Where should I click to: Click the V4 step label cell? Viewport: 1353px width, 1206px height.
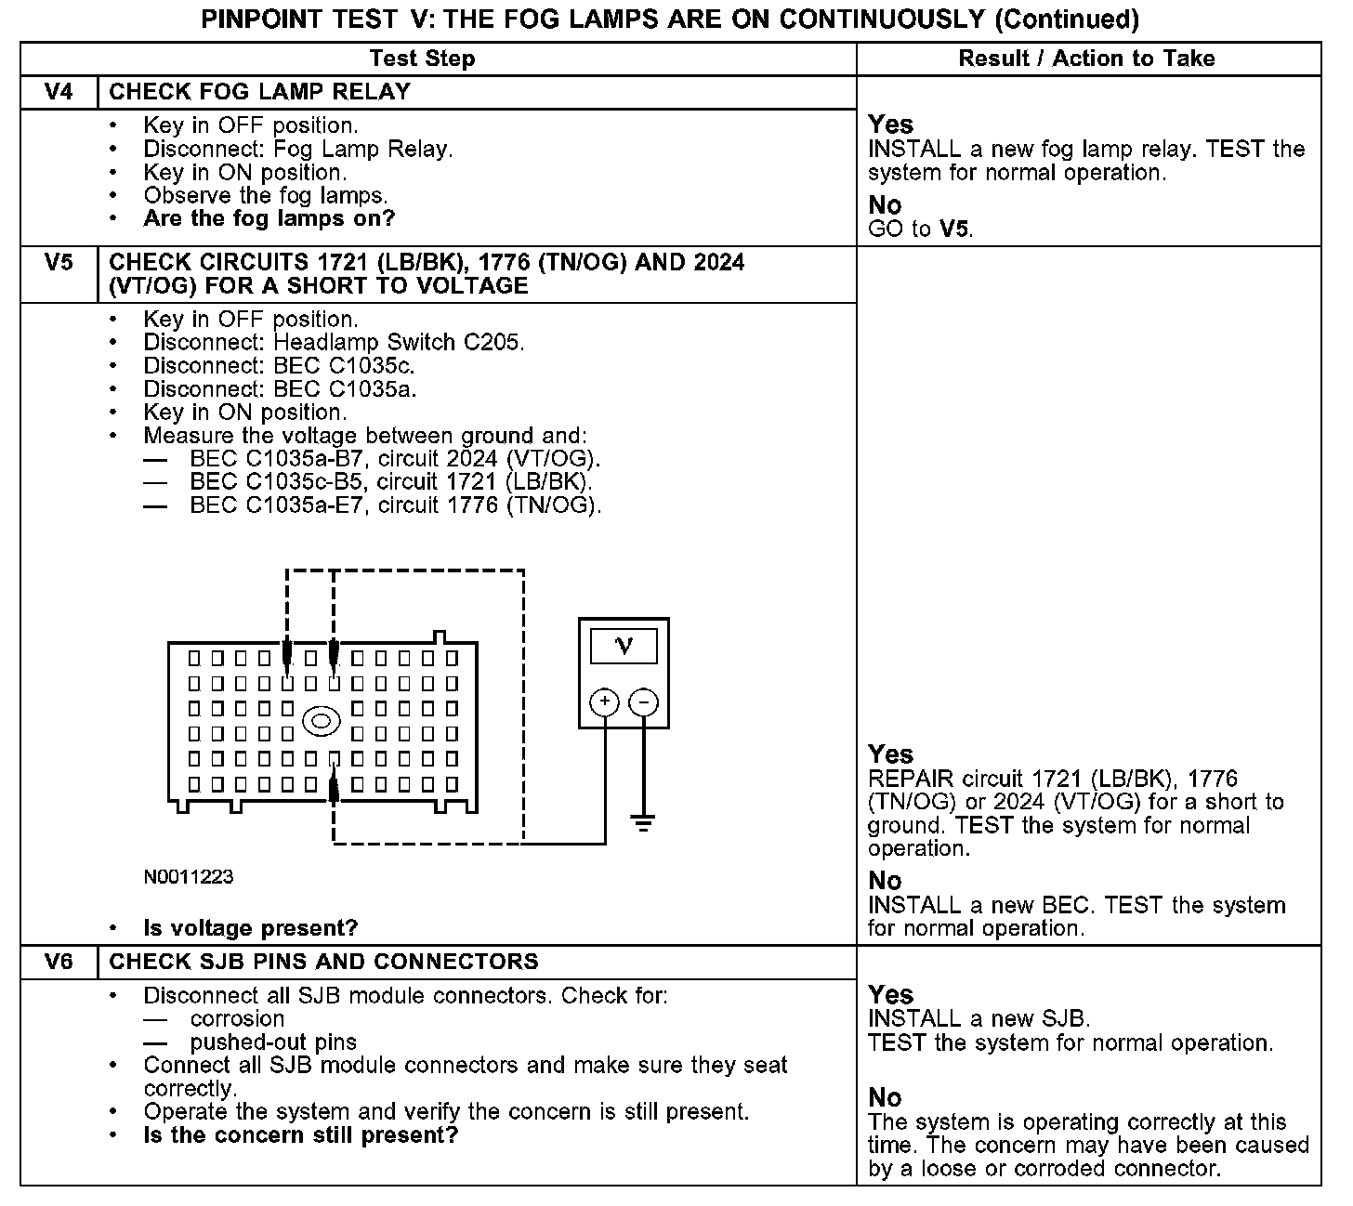pos(59,92)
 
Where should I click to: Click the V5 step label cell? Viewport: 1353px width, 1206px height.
pos(59,263)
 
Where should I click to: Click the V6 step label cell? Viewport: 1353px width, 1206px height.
pos(59,962)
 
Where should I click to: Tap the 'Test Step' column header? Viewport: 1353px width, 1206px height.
pos(422,59)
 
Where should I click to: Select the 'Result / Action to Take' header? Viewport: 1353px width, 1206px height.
pos(1086,59)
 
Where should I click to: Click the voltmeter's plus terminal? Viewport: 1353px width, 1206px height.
pos(604,701)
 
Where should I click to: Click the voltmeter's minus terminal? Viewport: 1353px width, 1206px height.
pos(644,701)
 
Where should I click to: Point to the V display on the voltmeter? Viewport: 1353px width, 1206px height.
pos(624,646)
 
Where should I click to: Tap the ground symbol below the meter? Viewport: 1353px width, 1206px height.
pos(642,822)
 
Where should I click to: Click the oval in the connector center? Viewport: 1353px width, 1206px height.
pos(322,720)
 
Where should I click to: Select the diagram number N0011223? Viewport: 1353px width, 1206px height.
pos(189,876)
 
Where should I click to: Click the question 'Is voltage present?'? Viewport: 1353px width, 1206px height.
pos(251,928)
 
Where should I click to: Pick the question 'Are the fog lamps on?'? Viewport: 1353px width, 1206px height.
pos(269,219)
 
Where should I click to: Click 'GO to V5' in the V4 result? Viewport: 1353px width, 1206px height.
pos(921,229)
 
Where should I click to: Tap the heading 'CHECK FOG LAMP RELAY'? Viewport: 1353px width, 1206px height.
pos(260,92)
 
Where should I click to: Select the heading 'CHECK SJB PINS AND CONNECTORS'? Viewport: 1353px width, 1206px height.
pos(323,962)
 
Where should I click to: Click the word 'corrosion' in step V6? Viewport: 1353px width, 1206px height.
pos(237,1018)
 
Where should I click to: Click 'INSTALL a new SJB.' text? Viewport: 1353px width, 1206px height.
pos(979,1019)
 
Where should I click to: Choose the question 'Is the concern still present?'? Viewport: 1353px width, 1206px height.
pos(301,1135)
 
